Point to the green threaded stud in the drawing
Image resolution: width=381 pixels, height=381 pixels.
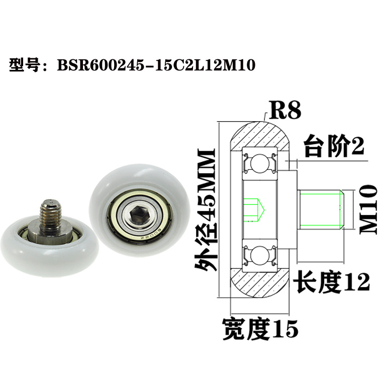click(321, 207)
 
